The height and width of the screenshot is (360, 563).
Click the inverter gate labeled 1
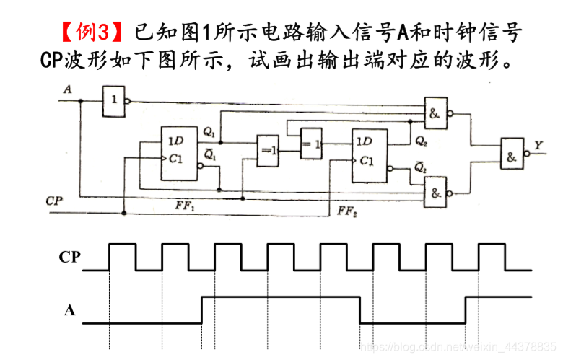tap(113, 102)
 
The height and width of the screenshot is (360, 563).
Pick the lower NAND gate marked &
tap(435, 193)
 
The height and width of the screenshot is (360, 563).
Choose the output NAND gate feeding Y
tap(512, 153)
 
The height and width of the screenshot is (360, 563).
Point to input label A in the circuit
tap(67, 90)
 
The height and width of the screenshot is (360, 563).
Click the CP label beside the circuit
tap(53, 200)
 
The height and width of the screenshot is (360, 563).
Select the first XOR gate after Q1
tap(268, 151)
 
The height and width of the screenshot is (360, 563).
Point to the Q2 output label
tap(421, 141)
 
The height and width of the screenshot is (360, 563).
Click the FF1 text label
tap(186, 206)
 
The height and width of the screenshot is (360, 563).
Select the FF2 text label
tap(346, 211)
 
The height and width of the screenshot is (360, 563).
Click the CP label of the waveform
tap(69, 256)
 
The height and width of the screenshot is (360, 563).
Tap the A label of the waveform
tap(69, 310)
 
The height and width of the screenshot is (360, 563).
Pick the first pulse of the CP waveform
tap(122, 256)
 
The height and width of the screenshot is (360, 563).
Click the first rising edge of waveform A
tap(201, 310)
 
